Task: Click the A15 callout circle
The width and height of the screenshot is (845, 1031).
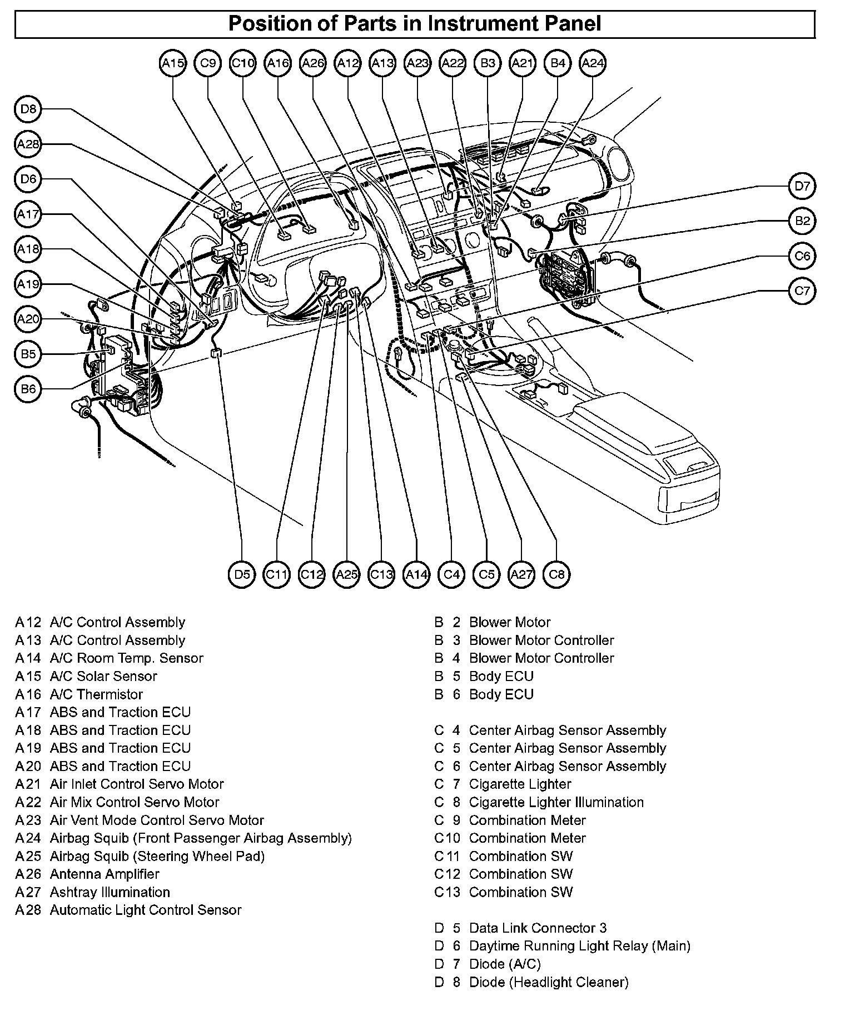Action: coord(173,63)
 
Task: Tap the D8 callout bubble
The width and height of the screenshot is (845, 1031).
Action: coord(28,109)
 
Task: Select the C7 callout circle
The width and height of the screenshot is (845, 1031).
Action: coord(802,291)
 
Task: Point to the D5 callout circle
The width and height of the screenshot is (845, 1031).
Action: coord(242,574)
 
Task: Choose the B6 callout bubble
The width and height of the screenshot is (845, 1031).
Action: coord(28,389)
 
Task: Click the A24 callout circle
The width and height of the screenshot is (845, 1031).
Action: coord(592,63)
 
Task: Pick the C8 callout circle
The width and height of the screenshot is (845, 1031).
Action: coord(556,574)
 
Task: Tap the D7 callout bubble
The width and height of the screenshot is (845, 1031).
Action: coord(802,186)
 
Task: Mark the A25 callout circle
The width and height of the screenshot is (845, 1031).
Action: coord(347,574)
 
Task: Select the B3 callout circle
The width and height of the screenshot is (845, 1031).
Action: coord(488,63)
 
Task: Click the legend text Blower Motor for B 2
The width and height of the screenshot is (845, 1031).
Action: coord(510,622)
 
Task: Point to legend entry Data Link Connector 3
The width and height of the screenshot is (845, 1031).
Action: coord(538,928)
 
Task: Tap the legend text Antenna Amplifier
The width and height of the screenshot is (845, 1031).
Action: coord(105,874)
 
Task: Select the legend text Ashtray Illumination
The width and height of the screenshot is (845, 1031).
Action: coord(110,892)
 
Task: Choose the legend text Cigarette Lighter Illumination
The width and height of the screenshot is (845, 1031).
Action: coord(556,802)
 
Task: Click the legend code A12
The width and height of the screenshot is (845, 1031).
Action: coord(28,622)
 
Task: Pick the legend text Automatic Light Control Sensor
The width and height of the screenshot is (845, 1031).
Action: coord(146,910)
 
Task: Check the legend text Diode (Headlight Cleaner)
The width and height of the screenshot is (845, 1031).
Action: coord(549,982)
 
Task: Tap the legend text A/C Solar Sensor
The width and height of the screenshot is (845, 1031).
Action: coord(103,676)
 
